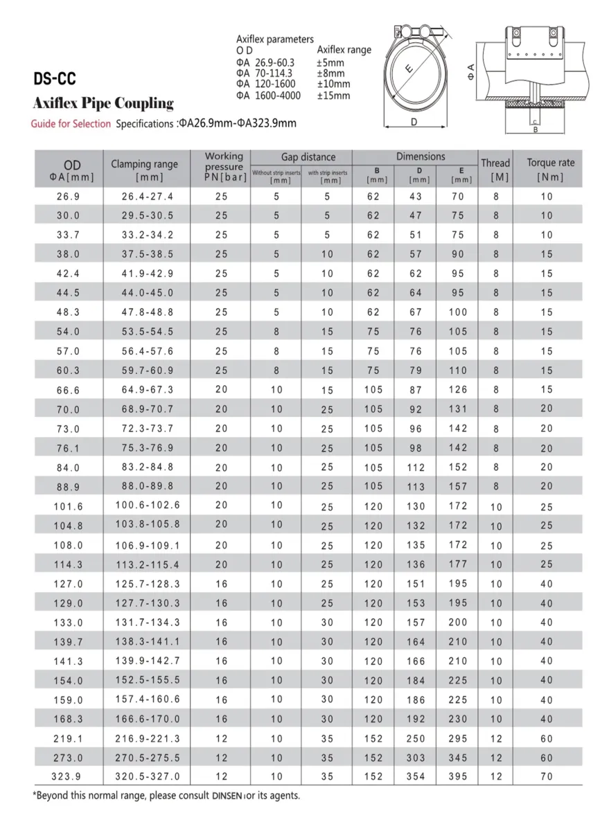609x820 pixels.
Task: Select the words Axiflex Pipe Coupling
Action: (x=103, y=104)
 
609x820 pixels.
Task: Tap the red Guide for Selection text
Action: (x=71, y=124)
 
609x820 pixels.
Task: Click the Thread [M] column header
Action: (x=495, y=169)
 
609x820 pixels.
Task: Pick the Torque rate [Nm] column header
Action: (x=550, y=169)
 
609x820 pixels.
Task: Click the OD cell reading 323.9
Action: (x=68, y=776)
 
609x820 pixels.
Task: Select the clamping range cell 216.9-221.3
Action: (x=150, y=738)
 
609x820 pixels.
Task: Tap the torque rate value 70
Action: (x=547, y=776)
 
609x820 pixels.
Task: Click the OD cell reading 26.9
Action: (x=68, y=197)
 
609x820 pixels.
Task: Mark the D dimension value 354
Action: (x=416, y=776)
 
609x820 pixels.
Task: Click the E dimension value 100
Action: (x=458, y=312)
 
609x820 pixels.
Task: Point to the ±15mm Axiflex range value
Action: (x=333, y=96)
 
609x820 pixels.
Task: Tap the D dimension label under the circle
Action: (x=414, y=123)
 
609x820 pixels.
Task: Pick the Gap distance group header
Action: (x=308, y=157)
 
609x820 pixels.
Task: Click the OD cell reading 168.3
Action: (x=68, y=719)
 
